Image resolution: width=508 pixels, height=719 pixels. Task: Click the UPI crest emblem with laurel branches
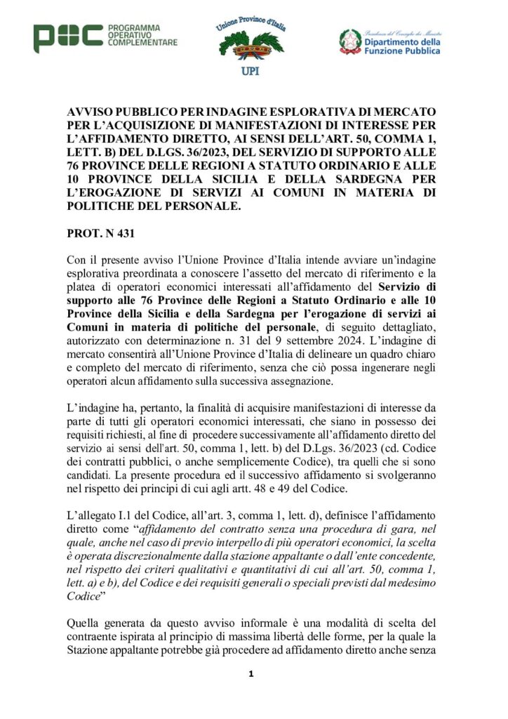coord(251,44)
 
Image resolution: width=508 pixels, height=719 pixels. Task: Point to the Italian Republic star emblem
coord(351,41)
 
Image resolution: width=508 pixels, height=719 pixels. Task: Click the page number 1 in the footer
coord(250,675)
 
